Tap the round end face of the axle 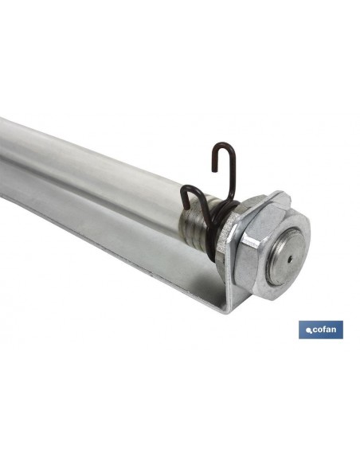click(285, 257)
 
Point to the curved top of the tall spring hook click(223, 146)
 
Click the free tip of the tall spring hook click(213, 170)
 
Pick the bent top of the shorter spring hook click(190, 189)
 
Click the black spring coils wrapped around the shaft click(220, 225)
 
